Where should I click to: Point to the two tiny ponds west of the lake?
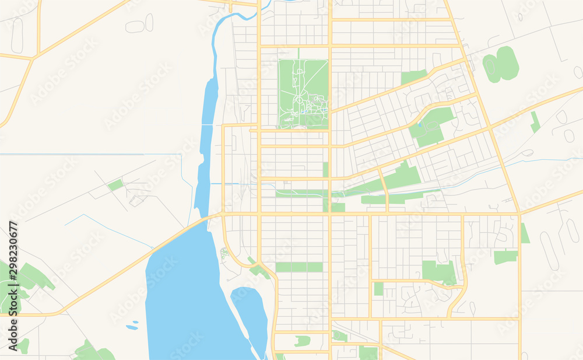point(133,324)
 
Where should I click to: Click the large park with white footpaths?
point(303,93)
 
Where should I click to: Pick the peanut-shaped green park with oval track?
point(500,64)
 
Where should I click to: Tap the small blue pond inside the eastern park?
point(419,124)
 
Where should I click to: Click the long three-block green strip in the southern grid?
point(299,267)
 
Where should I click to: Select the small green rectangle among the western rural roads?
point(115,185)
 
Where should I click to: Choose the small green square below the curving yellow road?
point(379,288)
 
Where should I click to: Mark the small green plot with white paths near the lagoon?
point(224,254)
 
